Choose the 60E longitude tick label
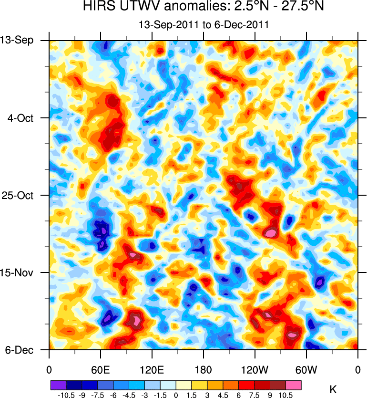coord(100,369)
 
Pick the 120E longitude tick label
coord(152,369)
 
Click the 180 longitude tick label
coord(204,369)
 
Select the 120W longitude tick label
coord(255,369)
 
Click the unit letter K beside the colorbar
coord(333,389)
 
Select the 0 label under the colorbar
coord(176,395)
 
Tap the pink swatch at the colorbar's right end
coord(294,384)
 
